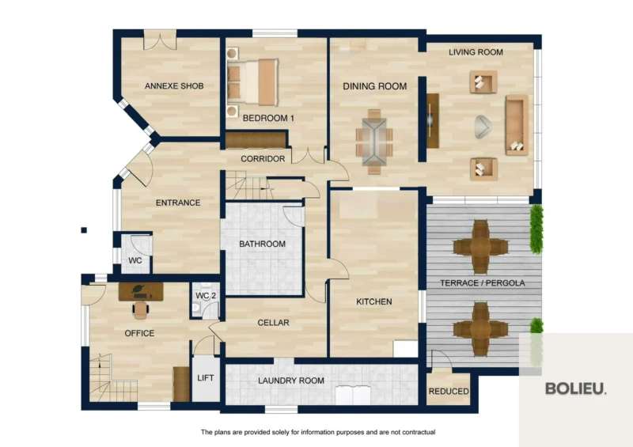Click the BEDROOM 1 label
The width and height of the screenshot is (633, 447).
268,119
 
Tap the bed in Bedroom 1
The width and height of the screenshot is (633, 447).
252,83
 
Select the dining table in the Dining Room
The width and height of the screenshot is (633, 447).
374,142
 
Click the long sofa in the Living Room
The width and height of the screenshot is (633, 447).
517,125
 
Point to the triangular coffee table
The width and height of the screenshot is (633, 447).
483,127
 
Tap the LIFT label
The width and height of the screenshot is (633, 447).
206,378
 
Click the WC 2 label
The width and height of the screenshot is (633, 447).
206,296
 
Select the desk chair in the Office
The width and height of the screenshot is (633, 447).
141,309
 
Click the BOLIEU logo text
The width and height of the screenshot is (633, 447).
576,388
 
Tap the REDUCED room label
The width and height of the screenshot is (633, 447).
449,392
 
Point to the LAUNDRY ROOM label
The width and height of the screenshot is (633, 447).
291,381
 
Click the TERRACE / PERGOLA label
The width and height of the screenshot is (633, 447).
483,283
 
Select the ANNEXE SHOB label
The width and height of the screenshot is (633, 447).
174,86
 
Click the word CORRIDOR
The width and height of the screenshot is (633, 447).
263,159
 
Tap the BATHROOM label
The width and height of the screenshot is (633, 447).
263,244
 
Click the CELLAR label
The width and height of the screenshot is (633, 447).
273,323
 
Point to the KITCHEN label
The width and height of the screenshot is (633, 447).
374,301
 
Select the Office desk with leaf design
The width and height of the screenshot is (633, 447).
141,292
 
